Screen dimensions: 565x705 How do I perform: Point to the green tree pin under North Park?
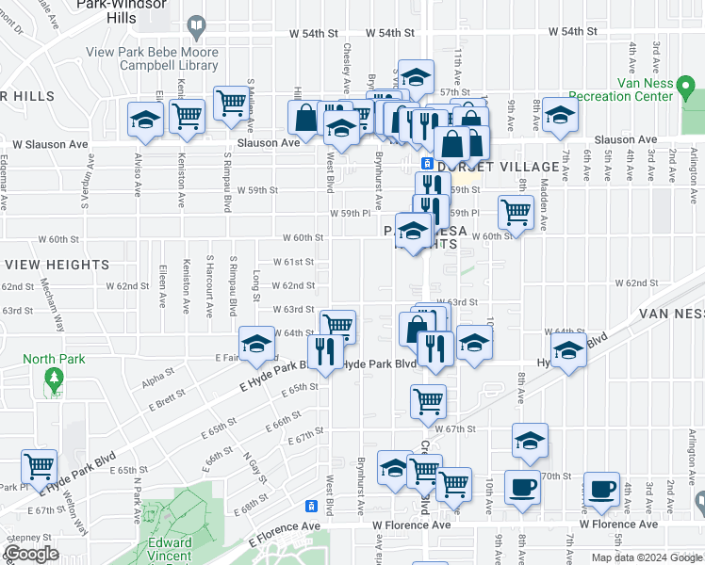pyautogui.click(x=54, y=380)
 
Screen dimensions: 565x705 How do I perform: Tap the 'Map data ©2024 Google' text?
pyautogui.click(x=646, y=557)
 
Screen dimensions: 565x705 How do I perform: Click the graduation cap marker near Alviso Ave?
pyautogui.click(x=145, y=120)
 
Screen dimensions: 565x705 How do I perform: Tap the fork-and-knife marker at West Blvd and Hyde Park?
pyautogui.click(x=324, y=352)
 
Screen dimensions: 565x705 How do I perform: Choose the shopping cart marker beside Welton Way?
pyautogui.click(x=40, y=465)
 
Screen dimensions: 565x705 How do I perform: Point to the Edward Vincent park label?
pyautogui.click(x=170, y=548)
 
